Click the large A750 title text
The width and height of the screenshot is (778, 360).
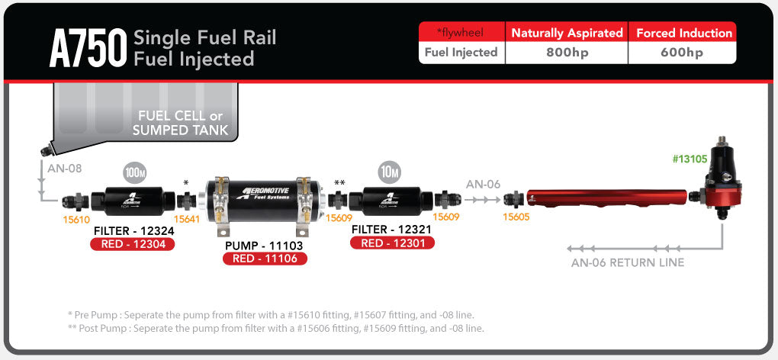click(85, 48)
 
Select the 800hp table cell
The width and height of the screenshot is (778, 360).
click(566, 53)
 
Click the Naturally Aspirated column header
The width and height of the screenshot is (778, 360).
click(567, 33)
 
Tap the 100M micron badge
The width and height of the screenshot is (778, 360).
click(134, 173)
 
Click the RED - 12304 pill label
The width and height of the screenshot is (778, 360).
click(133, 244)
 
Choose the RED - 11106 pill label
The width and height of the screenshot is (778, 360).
click(265, 259)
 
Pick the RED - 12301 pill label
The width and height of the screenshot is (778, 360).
click(392, 243)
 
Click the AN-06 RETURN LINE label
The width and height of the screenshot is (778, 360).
click(628, 262)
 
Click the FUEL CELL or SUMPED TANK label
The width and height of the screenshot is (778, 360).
click(180, 123)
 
